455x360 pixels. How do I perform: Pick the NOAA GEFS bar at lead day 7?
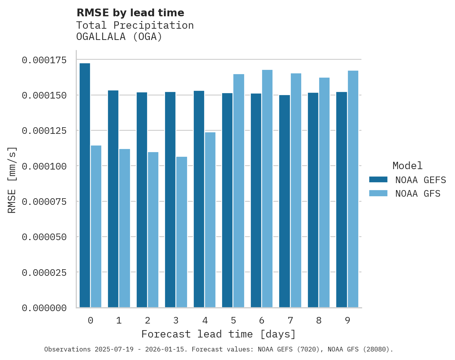click(x=285, y=201)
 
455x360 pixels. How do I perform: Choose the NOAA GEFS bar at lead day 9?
click(x=342, y=200)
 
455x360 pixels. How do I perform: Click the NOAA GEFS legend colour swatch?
click(x=378, y=180)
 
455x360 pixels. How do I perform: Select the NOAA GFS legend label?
click(x=418, y=194)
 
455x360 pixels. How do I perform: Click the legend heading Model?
click(x=407, y=166)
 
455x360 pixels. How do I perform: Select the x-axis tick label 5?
click(x=233, y=320)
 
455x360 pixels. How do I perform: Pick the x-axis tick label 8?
click(x=319, y=320)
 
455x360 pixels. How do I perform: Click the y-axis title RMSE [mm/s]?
click(x=12, y=180)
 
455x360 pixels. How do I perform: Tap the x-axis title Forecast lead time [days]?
click(x=219, y=334)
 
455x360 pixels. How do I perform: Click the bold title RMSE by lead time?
click(x=130, y=13)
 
